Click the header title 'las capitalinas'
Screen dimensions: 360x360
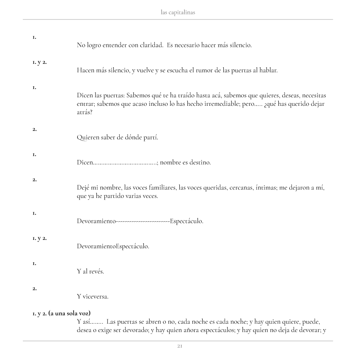(178, 13)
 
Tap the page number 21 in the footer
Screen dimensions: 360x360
(180, 346)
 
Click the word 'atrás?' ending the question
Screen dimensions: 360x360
(85, 112)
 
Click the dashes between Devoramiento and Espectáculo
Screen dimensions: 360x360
(143, 221)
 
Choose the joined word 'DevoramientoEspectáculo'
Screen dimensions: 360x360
(113, 246)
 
